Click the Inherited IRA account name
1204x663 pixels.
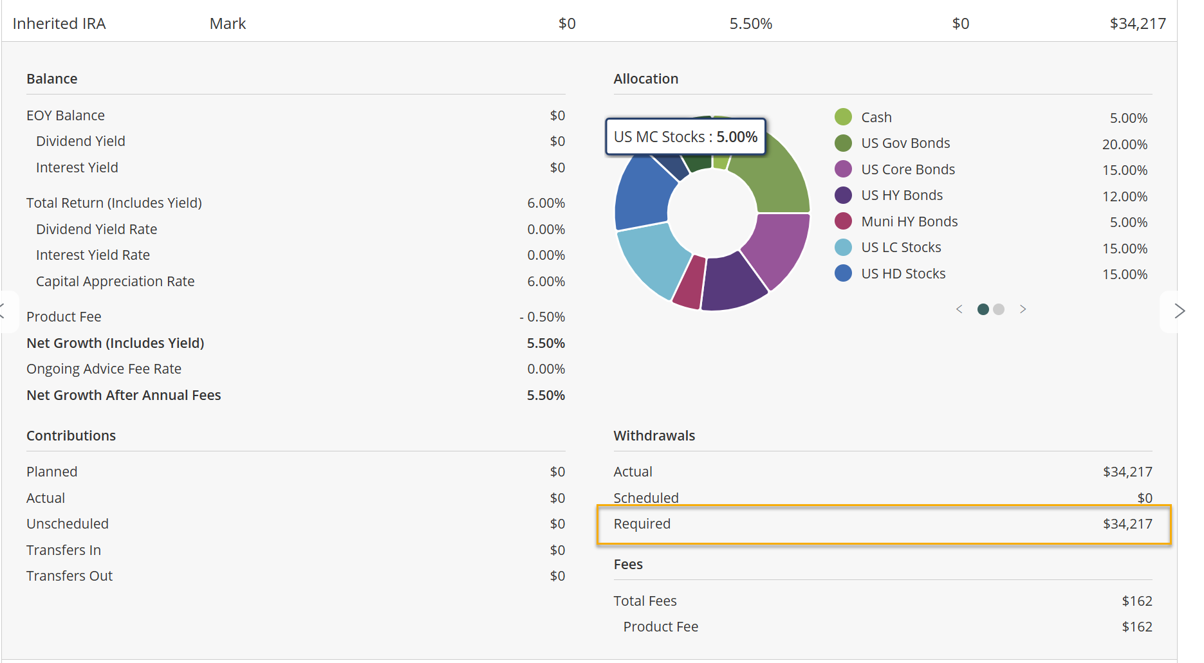(59, 24)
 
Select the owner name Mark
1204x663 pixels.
(228, 24)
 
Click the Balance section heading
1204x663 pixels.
(52, 78)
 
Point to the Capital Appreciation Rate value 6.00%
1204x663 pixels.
(546, 282)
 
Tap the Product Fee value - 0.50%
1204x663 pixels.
(542, 317)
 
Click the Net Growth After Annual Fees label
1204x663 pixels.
(124, 395)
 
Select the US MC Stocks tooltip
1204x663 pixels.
(686, 136)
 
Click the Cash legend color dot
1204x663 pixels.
(843, 117)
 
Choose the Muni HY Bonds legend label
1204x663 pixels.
(909, 222)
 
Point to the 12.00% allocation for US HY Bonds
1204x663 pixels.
(1125, 196)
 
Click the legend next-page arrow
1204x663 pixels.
(1023, 309)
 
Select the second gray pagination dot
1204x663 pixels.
(999, 309)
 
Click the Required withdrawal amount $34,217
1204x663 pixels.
(1127, 524)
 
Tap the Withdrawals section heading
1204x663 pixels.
(654, 435)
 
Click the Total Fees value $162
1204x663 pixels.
(1137, 601)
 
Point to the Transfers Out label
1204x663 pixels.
(69, 576)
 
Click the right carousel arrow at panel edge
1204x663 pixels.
(1180, 311)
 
